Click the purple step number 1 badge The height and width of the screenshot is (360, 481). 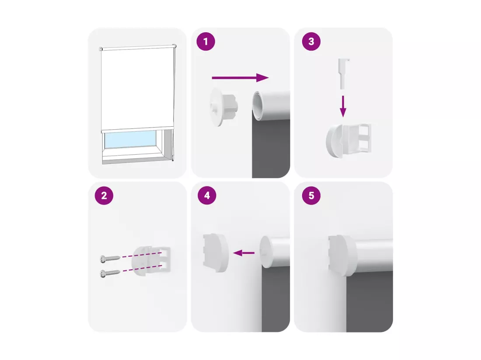pyautogui.click(x=206, y=42)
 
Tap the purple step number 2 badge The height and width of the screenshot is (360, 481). pyautogui.click(x=104, y=195)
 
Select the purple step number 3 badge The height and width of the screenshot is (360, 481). pyautogui.click(x=311, y=42)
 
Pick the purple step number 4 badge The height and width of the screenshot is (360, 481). pyautogui.click(x=207, y=195)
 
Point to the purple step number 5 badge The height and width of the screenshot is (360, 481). pyautogui.click(x=311, y=195)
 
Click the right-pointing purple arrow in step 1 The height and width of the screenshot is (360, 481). pyautogui.click(x=240, y=78)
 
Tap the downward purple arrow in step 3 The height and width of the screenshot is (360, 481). pyautogui.click(x=343, y=106)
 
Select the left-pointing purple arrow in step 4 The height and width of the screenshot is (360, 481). pyautogui.click(x=244, y=253)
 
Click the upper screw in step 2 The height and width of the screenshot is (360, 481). pyautogui.click(x=110, y=259)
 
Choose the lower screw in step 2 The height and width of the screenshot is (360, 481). pyautogui.click(x=110, y=272)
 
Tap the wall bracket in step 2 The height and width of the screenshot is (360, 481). pyautogui.click(x=151, y=261)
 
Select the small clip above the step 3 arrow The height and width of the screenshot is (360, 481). pyautogui.click(x=344, y=73)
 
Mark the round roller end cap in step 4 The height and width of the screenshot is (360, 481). pyautogui.click(x=266, y=252)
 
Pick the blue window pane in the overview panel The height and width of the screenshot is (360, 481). pyautogui.click(x=130, y=140)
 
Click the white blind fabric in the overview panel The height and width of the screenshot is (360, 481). pyautogui.click(x=137, y=89)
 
